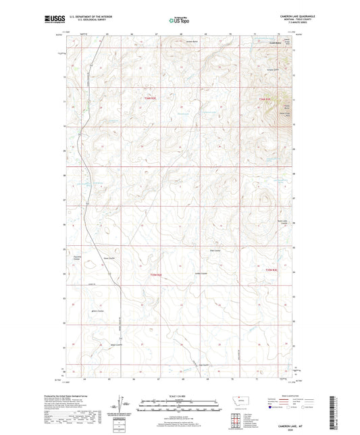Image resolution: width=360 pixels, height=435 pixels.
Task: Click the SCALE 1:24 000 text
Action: [x=180, y=395]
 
